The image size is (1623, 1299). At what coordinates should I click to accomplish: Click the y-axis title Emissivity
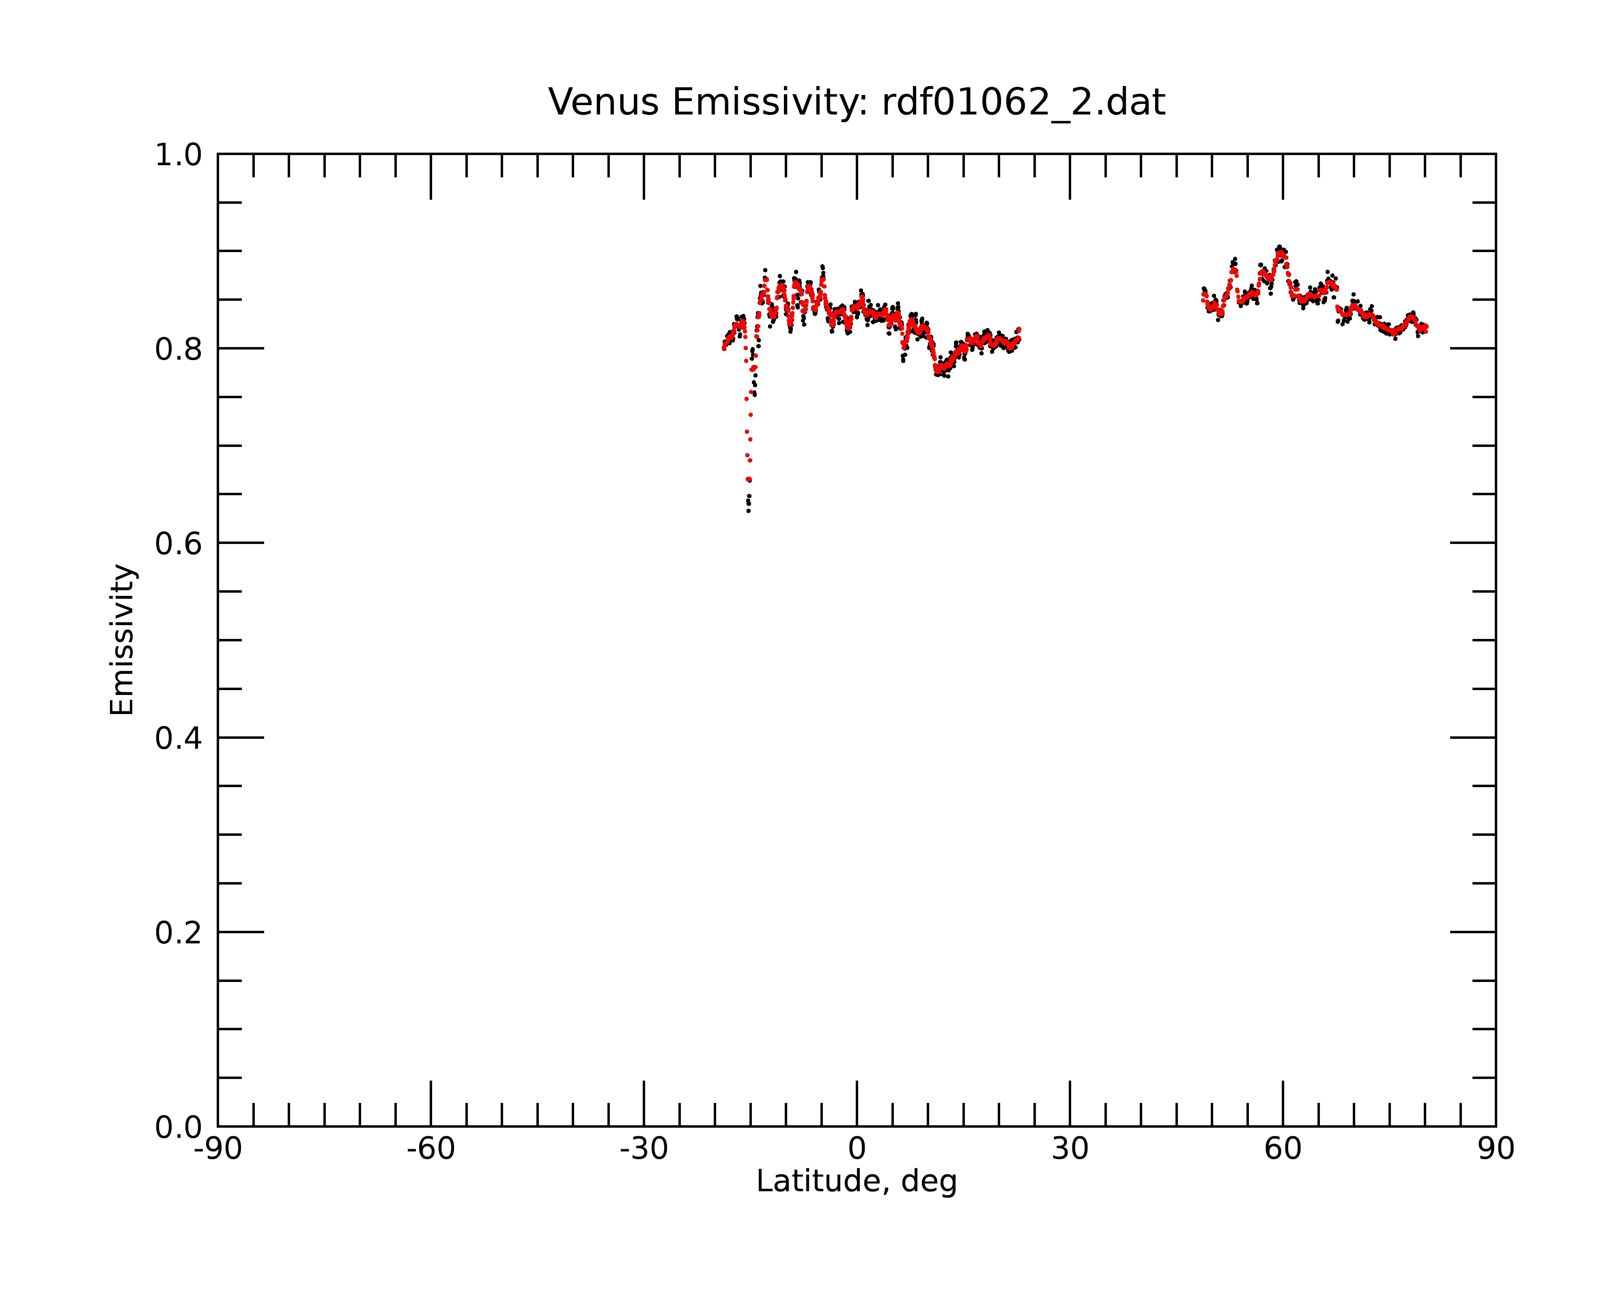(122, 639)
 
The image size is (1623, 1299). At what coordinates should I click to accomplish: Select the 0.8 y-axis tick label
(179, 350)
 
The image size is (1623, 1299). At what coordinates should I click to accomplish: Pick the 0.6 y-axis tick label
(179, 544)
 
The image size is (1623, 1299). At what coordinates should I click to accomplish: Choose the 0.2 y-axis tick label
(179, 933)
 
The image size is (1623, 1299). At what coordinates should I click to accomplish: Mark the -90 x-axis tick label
(217, 1149)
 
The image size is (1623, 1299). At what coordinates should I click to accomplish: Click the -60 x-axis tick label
(431, 1149)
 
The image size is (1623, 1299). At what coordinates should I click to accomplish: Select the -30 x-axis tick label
(644, 1149)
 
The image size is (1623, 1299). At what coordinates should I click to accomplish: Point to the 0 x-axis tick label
(857, 1149)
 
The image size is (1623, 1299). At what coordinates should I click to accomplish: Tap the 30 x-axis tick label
(1070, 1149)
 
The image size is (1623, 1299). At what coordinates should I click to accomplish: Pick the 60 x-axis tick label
(1283, 1149)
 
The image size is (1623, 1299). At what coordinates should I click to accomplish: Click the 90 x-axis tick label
(1496, 1149)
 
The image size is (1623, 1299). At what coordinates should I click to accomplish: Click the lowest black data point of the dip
(748, 511)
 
